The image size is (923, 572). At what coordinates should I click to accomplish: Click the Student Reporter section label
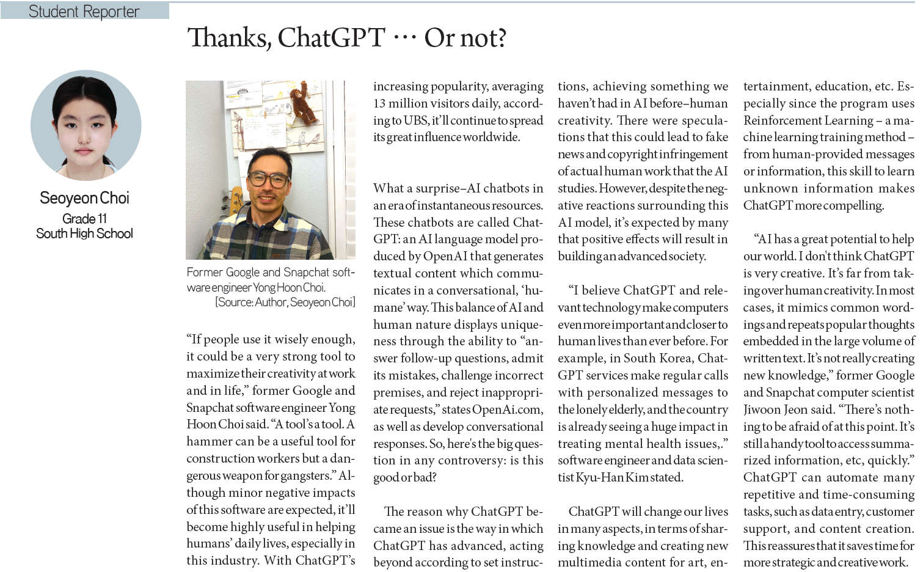84,12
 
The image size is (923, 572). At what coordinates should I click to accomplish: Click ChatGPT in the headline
331,38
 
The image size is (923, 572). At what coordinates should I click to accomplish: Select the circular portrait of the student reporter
86,125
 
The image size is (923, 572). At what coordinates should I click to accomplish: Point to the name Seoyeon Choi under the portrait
84,198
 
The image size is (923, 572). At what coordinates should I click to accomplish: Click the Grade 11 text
84,219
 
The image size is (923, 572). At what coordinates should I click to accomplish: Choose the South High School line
84,233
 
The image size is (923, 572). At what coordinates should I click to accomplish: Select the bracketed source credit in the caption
285,302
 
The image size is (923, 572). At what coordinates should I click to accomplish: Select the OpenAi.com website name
506,409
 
